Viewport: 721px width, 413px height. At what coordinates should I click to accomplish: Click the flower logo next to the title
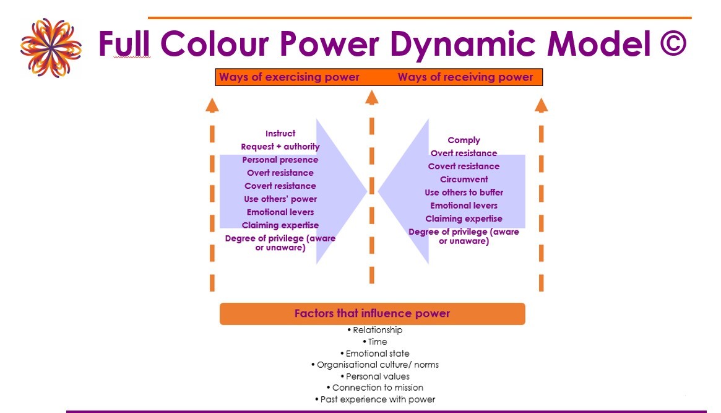51,48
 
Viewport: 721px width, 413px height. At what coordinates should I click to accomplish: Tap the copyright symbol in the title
673,44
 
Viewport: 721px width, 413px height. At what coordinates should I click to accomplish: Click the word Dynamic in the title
462,45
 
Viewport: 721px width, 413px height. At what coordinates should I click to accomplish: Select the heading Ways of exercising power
289,77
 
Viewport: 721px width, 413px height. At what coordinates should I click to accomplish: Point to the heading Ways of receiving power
465,77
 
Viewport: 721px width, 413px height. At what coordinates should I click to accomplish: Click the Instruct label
280,133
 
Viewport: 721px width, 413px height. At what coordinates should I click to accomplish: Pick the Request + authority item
280,147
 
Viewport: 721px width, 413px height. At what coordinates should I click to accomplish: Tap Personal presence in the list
280,160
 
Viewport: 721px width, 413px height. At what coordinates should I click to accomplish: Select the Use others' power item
280,199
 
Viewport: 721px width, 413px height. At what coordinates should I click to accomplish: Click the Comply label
464,141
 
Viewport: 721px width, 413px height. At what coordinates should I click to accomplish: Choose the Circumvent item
464,180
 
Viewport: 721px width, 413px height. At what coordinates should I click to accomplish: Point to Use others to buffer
464,192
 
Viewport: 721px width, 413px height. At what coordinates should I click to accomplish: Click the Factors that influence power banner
373,314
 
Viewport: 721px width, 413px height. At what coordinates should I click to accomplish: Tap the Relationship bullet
375,330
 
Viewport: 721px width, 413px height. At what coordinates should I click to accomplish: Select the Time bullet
375,342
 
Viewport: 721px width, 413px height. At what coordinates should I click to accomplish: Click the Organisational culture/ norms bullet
375,365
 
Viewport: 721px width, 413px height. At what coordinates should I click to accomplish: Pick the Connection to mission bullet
375,388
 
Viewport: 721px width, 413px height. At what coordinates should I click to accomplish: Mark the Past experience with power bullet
375,399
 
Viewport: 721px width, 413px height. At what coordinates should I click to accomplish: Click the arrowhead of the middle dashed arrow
371,97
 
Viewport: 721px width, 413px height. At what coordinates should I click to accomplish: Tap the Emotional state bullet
375,353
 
